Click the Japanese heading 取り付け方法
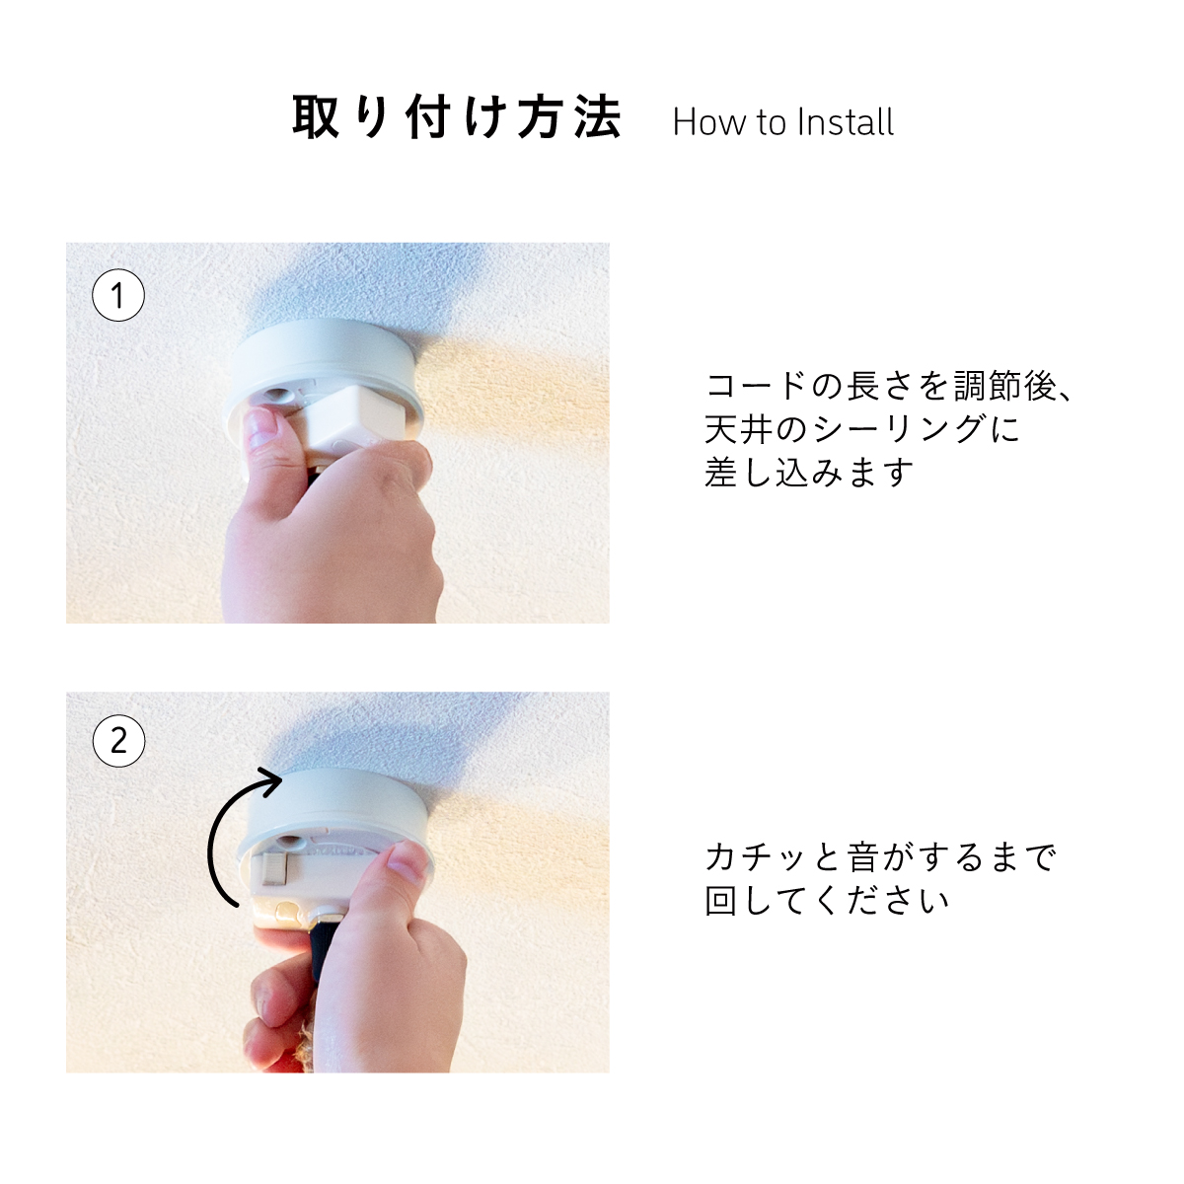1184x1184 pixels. click(x=457, y=116)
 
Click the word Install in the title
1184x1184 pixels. click(x=845, y=121)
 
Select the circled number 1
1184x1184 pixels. click(x=118, y=295)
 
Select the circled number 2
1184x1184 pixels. click(x=118, y=740)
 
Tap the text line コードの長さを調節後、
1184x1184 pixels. click(x=888, y=386)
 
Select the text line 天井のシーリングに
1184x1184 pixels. click(x=861, y=429)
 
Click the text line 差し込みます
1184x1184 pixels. click(x=809, y=472)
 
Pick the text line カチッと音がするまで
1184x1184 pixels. click(x=880, y=857)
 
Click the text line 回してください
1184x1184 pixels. click(x=827, y=901)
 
